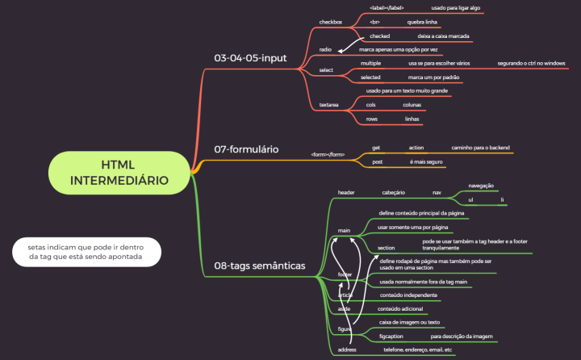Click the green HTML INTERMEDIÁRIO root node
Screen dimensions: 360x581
pyautogui.click(x=119, y=172)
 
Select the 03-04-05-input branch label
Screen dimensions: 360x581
pyautogui.click(x=250, y=57)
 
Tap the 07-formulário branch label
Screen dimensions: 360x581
pyautogui.click(x=246, y=149)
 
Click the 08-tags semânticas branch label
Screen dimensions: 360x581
pyautogui.click(x=259, y=265)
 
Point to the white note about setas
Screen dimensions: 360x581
pyautogui.click(x=86, y=250)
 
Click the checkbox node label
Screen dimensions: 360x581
pyautogui.click(x=331, y=22)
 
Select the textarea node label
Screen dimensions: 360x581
pyautogui.click(x=329, y=105)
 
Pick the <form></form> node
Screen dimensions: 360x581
pyautogui.click(x=328, y=154)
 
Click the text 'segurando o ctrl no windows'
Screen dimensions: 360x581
pyautogui.click(x=531, y=63)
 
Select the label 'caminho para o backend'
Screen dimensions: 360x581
pyautogui.click(x=482, y=148)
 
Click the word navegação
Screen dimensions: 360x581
pyautogui.click(x=481, y=186)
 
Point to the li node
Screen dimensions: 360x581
pyautogui.click(x=502, y=199)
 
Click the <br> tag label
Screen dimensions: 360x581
pyautogui.click(x=374, y=22)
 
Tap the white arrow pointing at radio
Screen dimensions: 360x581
pyautogui.click(x=345, y=44)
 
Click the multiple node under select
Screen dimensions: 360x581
pyautogui.click(x=371, y=63)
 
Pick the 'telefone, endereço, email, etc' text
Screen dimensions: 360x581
pyautogui.click(x=418, y=350)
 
